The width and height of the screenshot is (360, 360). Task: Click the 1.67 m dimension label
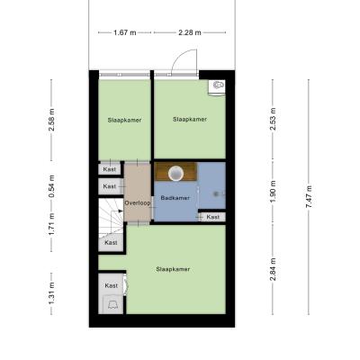(x=125, y=32)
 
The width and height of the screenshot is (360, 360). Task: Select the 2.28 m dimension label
(x=190, y=32)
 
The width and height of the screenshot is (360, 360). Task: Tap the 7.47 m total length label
(x=309, y=197)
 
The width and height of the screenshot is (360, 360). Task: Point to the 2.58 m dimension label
(x=51, y=120)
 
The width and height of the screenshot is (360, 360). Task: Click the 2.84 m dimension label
(x=273, y=269)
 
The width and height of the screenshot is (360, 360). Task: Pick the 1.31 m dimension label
(x=51, y=293)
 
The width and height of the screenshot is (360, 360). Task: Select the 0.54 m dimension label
(x=51, y=186)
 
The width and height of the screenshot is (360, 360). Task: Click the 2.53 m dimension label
(x=273, y=119)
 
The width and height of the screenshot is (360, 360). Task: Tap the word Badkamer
(x=175, y=198)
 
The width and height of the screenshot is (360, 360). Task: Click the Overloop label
(x=138, y=203)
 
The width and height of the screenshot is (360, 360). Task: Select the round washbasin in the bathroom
(x=175, y=174)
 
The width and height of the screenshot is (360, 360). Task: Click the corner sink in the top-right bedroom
(x=217, y=86)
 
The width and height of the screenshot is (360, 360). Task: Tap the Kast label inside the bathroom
(x=213, y=217)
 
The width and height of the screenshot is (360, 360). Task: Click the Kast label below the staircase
(x=111, y=242)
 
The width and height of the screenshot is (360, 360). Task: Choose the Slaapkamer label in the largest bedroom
(x=173, y=269)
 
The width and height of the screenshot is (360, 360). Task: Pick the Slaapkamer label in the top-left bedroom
(x=124, y=120)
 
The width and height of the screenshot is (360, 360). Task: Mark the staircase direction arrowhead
(x=121, y=211)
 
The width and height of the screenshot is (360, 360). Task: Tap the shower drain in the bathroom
(x=216, y=194)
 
